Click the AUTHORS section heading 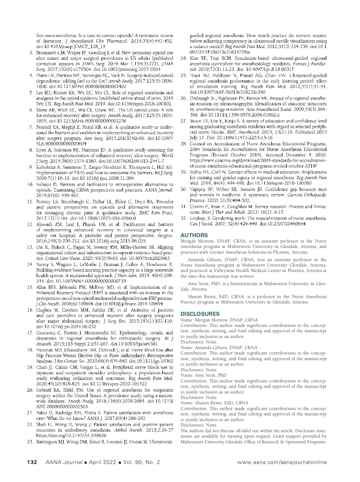[194, 235]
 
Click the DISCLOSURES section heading [200, 314]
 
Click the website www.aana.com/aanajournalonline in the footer [282, 462]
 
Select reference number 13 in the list [30, 247]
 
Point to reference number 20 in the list [30, 390]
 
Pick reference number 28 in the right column [184, 144]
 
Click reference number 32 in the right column [184, 218]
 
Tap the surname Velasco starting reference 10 [45, 185]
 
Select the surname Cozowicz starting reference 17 [46, 333]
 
